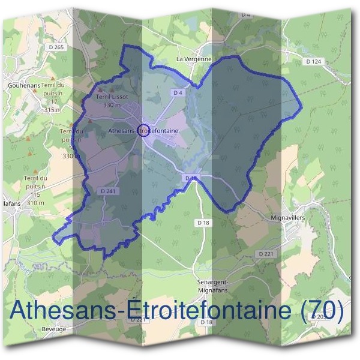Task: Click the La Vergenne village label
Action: tap(194, 59)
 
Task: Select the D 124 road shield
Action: tap(313, 62)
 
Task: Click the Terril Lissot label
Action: tap(112, 96)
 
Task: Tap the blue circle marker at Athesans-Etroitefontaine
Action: tap(143, 130)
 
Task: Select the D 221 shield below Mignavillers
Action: tap(265, 254)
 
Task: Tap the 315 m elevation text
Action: tap(53, 110)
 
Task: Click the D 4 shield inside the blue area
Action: tap(177, 93)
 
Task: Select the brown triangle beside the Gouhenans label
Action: tap(53, 78)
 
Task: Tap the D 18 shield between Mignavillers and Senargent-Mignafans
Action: tap(203, 222)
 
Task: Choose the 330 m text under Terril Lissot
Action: tap(112, 104)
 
